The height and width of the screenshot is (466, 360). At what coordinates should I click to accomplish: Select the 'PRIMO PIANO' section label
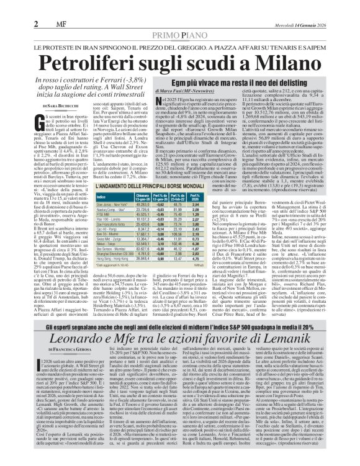click(x=179, y=19)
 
